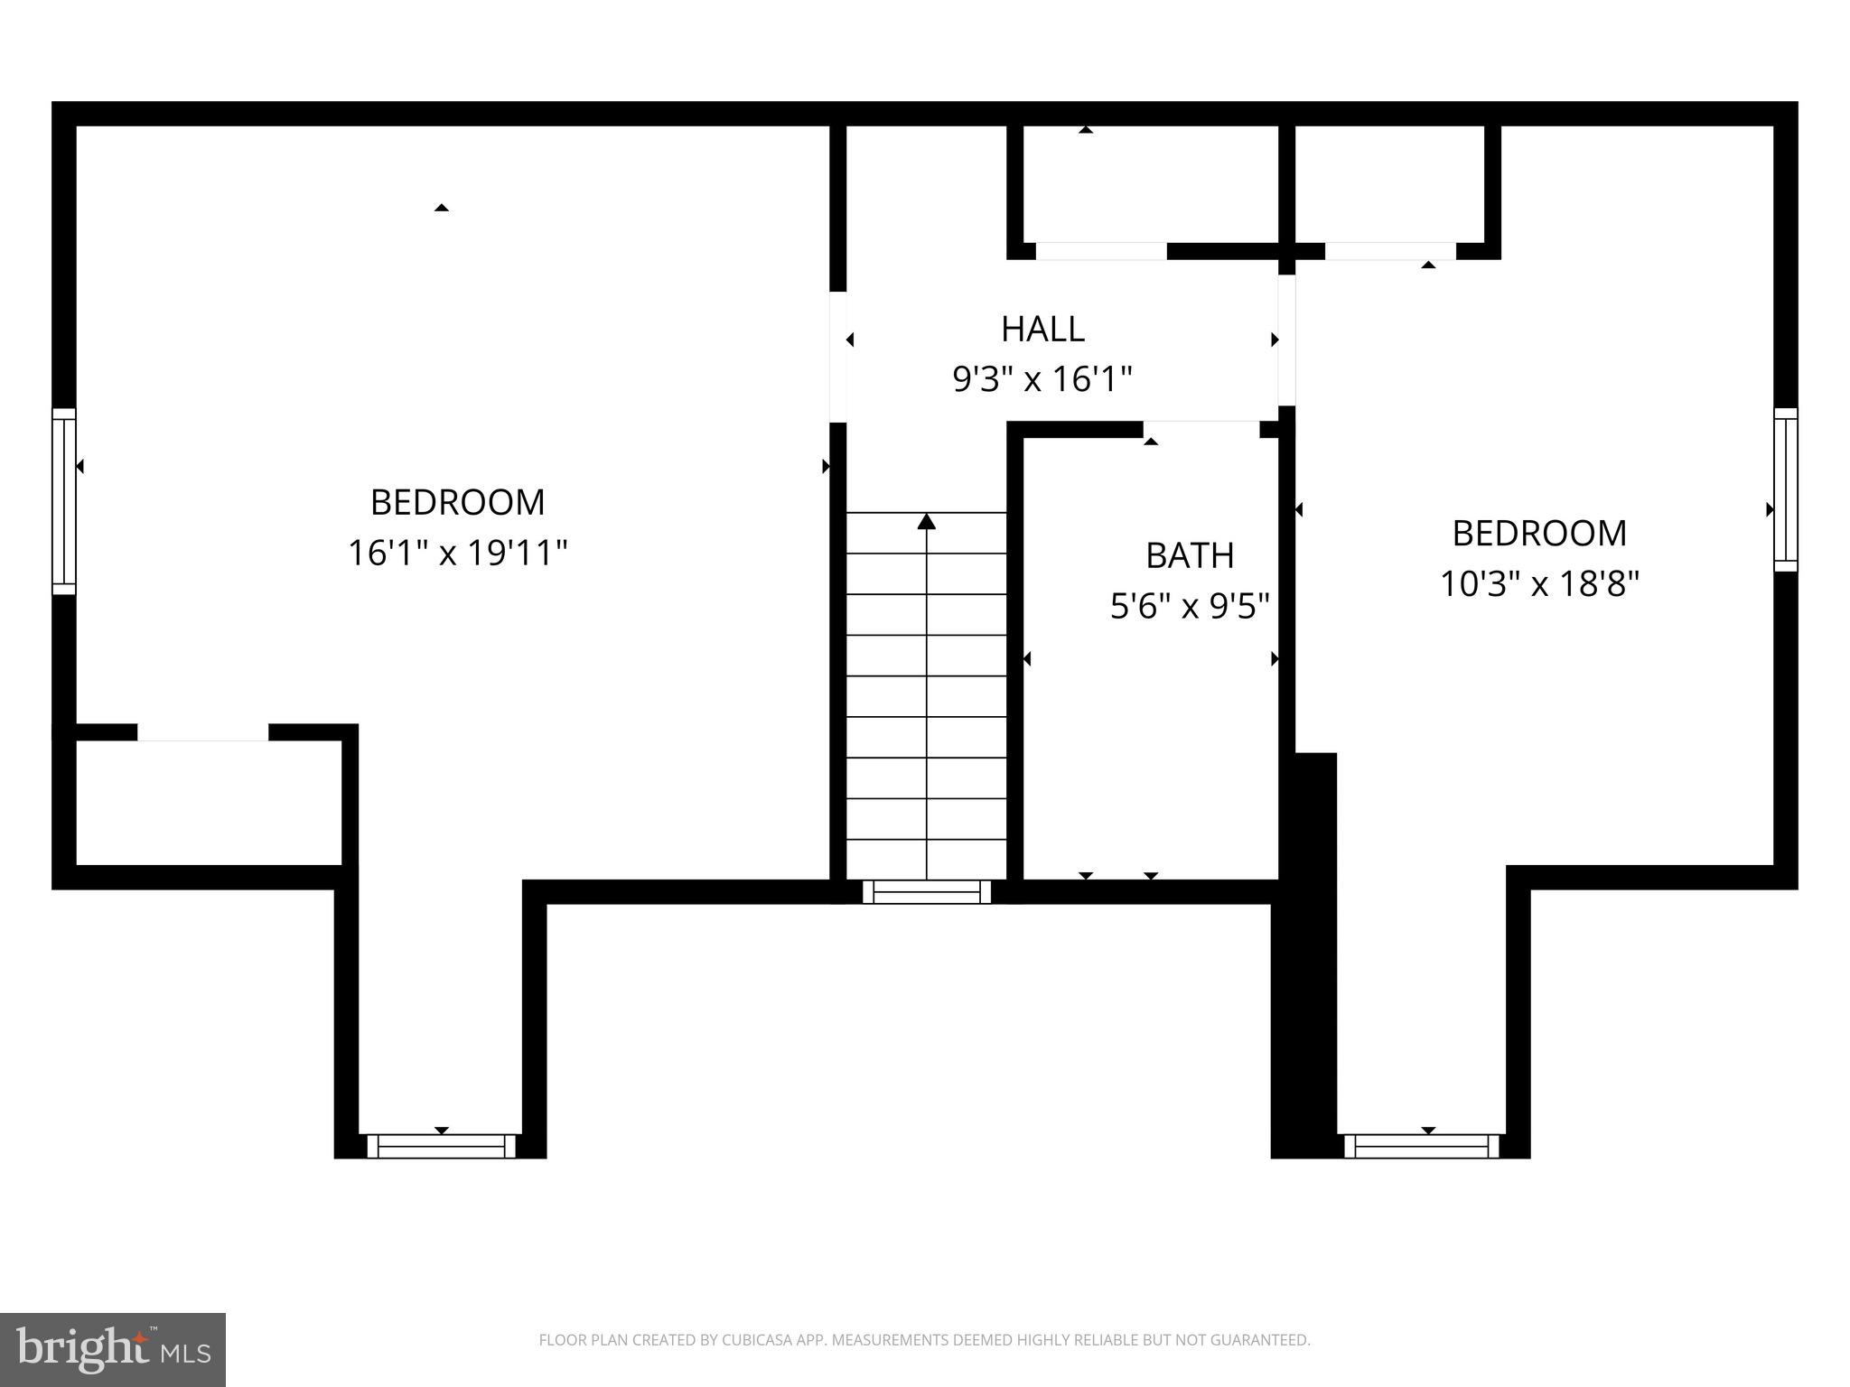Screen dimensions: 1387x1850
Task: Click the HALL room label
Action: [1042, 329]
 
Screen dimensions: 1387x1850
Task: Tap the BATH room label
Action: [1190, 555]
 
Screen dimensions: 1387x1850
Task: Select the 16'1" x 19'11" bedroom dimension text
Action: [458, 553]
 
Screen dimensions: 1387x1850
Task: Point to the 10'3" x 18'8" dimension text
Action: [1539, 584]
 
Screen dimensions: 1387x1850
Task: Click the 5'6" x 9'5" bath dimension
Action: [1190, 606]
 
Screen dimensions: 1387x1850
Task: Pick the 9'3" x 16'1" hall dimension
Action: [1042, 379]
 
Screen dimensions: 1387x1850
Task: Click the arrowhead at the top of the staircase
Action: [927, 522]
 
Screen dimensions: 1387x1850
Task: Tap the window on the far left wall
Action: [64, 501]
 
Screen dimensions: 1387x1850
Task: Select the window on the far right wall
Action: [1786, 489]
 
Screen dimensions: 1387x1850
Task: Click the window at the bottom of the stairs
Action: [927, 892]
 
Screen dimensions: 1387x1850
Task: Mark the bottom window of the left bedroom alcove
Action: [441, 1146]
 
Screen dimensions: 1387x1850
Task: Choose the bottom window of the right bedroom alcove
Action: [1422, 1146]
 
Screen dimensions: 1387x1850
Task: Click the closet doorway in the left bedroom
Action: [203, 732]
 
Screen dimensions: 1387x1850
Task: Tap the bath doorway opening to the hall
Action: [1201, 429]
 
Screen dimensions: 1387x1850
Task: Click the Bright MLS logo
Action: [113, 1349]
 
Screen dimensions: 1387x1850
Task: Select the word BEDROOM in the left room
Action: [458, 502]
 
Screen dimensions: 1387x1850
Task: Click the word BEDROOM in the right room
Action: [1539, 534]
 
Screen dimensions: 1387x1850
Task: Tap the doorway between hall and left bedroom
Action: [838, 357]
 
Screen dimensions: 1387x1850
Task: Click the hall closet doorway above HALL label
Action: [1101, 251]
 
